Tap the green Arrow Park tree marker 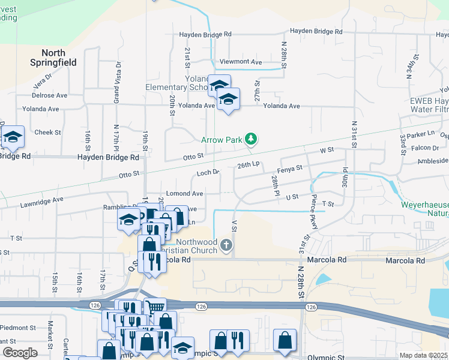pyautogui.click(x=251, y=140)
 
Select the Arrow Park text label pyautogui.click(x=221, y=140)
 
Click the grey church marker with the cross pyautogui.click(x=226, y=245)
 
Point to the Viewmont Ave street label pyautogui.click(x=241, y=62)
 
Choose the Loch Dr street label pyautogui.click(x=209, y=173)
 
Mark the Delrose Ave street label pyautogui.click(x=49, y=95)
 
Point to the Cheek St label pyautogui.click(x=47, y=133)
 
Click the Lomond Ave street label pyautogui.click(x=185, y=194)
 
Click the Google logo pyautogui.click(x=20, y=353)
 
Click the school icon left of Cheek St pyautogui.click(x=12, y=138)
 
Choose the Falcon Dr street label pyautogui.click(x=426, y=148)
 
